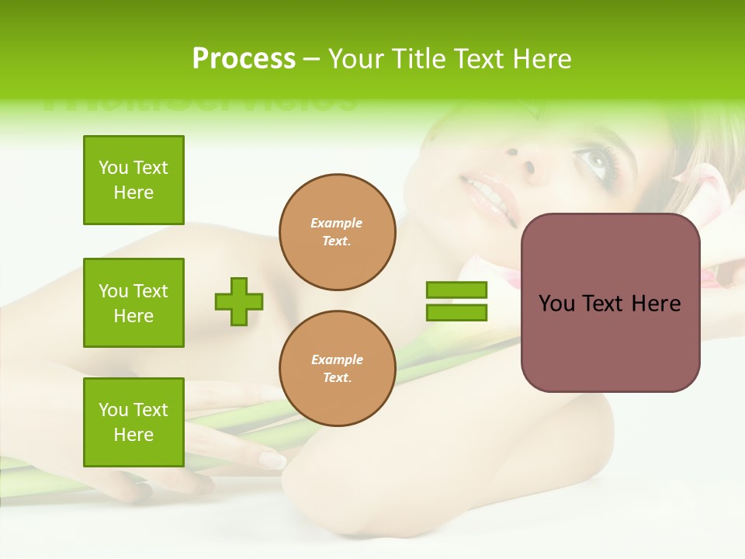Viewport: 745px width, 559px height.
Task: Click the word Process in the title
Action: tap(244, 59)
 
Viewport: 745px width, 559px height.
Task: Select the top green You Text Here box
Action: tap(133, 180)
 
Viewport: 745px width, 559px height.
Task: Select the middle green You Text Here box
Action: tap(133, 303)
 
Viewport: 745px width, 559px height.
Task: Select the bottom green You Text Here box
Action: tap(133, 422)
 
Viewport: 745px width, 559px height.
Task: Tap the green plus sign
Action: tap(239, 301)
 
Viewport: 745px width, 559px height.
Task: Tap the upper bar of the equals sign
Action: tap(456, 290)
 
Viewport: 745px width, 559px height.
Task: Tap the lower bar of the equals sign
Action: tap(456, 313)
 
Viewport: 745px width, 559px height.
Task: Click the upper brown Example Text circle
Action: tap(337, 232)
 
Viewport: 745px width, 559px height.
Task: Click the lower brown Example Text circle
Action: tap(337, 369)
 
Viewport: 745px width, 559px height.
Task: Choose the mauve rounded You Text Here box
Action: tap(610, 303)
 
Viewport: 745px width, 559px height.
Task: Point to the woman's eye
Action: tap(594, 161)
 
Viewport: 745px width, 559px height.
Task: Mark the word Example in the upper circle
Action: tap(337, 223)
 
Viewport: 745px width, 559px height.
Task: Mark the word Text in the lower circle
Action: tap(337, 378)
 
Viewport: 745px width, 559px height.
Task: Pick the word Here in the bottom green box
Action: tap(133, 435)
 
